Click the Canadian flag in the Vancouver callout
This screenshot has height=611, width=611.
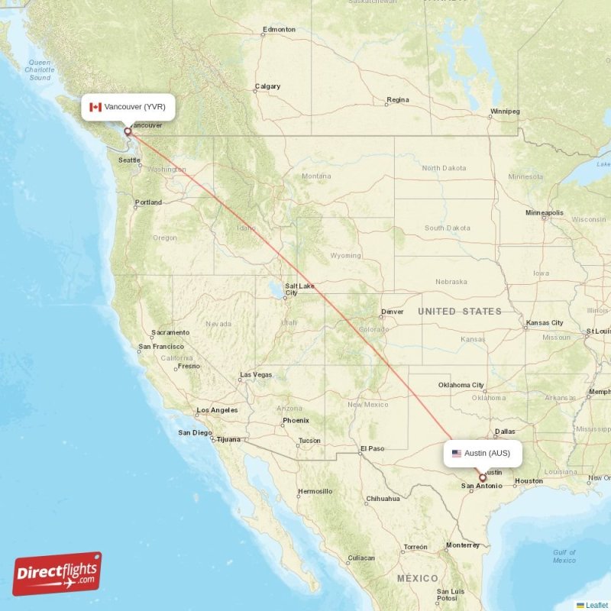coord(95,107)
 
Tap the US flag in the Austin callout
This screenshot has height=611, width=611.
coord(457,454)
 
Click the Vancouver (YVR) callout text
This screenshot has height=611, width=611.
coord(135,107)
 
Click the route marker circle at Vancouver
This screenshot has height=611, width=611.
coord(128,131)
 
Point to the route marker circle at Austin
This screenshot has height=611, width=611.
coord(482,478)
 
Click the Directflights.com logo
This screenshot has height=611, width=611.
coord(57,574)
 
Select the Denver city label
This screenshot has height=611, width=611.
coord(393,312)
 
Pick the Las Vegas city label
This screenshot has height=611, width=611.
coord(256,374)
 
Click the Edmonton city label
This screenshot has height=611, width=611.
coord(279,30)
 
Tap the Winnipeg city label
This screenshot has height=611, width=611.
coord(505,112)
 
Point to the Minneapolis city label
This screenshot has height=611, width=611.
coord(545,212)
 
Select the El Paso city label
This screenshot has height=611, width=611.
coord(373,448)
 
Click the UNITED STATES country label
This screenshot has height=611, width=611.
coord(459,311)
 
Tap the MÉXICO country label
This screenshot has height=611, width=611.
coord(417,578)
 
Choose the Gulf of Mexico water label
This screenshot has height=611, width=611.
coord(564,556)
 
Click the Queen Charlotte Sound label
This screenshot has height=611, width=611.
coord(38,70)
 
